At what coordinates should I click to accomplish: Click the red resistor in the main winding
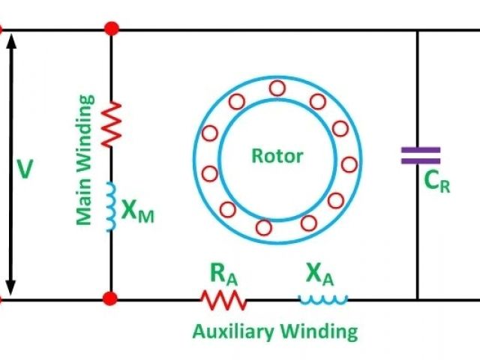tap(111, 124)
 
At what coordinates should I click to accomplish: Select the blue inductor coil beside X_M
tap(111, 205)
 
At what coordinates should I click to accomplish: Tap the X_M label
tap(138, 214)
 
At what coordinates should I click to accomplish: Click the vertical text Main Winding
tap(85, 159)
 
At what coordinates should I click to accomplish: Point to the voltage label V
tap(25, 169)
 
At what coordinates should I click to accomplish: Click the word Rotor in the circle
tap(277, 156)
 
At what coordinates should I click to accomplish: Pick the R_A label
tap(223, 274)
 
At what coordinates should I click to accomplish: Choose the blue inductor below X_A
tap(323, 299)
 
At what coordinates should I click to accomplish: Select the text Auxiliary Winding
tap(274, 331)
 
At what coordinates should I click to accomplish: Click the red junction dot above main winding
tap(111, 29)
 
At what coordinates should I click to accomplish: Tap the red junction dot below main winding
tap(111, 299)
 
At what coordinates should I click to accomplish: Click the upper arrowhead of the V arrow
tap(11, 37)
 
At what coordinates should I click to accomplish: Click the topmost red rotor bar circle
tap(277, 88)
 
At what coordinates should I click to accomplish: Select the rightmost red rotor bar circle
tap(349, 163)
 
